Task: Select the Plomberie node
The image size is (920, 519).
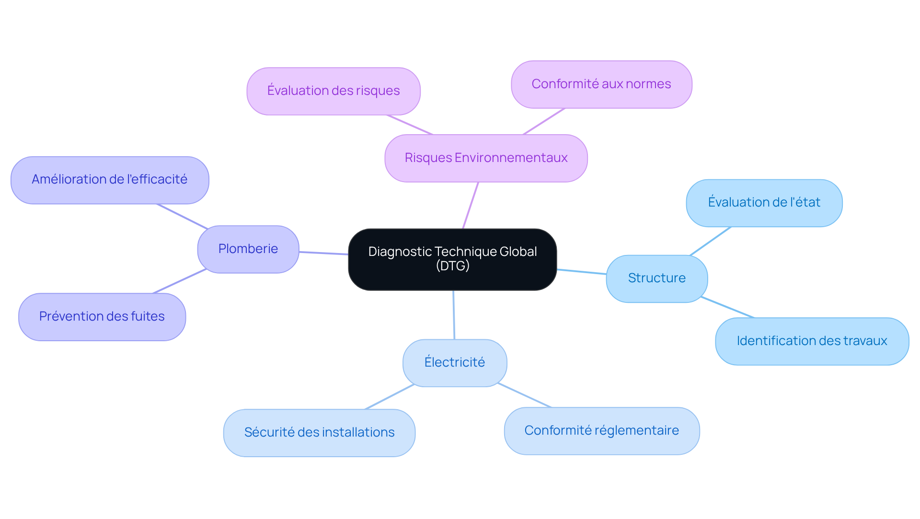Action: pyautogui.click(x=248, y=249)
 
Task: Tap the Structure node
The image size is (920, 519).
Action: pyautogui.click(x=656, y=278)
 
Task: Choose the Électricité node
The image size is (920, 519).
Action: pyautogui.click(x=455, y=363)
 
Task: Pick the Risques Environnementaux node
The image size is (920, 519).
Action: pyautogui.click(x=486, y=158)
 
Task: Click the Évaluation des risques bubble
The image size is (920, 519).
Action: pyautogui.click(x=333, y=91)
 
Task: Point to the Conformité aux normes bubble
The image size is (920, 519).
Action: pyautogui.click(x=601, y=84)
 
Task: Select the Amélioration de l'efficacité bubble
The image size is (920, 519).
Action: pyautogui.click(x=110, y=180)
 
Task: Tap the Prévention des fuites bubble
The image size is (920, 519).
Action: pyautogui.click(x=102, y=317)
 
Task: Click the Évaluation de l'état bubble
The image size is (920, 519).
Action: pyautogui.click(x=764, y=203)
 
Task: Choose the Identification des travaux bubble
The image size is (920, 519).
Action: pyautogui.click(x=812, y=341)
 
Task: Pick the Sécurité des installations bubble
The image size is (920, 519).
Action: pyautogui.click(x=319, y=433)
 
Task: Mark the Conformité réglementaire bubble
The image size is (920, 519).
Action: pyautogui.click(x=601, y=431)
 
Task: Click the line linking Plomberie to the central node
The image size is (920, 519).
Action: pyautogui.click(x=324, y=253)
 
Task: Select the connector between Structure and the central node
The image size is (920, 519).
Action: pyautogui.click(x=582, y=272)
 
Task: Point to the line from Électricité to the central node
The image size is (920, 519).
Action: pyautogui.click(x=454, y=315)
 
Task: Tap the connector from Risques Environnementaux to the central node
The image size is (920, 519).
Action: pyautogui.click(x=471, y=205)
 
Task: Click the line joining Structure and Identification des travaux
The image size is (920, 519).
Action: pyautogui.click(x=727, y=307)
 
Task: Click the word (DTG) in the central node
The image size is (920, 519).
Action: pyautogui.click(x=452, y=266)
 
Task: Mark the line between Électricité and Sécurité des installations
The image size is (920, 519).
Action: pyautogui.click(x=389, y=397)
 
